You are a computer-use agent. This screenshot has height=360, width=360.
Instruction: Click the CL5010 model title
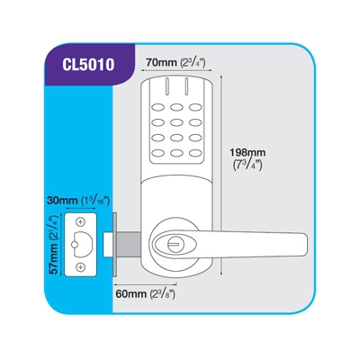(x=88, y=64)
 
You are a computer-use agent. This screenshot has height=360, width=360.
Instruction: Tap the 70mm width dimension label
(x=175, y=63)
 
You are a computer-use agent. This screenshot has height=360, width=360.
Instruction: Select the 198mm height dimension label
(x=247, y=159)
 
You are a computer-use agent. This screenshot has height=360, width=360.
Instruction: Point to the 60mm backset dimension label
(x=145, y=294)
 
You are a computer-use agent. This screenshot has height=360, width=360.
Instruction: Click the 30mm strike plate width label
(x=77, y=201)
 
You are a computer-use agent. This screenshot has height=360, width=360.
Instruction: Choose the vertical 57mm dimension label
(x=54, y=245)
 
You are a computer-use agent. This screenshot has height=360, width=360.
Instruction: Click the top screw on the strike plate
(x=80, y=222)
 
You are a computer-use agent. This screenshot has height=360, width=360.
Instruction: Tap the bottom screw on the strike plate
(x=80, y=267)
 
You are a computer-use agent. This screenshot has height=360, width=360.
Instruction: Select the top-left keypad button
(x=158, y=107)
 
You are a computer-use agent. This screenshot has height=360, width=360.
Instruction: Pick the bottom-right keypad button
(x=195, y=153)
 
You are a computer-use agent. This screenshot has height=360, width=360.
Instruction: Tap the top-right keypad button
(x=195, y=107)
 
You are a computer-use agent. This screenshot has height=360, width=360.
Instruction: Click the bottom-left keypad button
(x=158, y=153)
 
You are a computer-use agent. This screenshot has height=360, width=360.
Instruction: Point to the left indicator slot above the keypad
(x=166, y=87)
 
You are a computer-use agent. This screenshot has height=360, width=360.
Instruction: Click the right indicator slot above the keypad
(x=186, y=87)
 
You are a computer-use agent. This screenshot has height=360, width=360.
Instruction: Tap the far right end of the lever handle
(x=307, y=244)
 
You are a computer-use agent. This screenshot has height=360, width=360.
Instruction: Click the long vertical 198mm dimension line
(x=221, y=175)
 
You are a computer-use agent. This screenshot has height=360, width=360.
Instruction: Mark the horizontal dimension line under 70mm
(x=176, y=71)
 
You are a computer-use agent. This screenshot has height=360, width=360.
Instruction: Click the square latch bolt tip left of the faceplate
(x=108, y=245)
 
